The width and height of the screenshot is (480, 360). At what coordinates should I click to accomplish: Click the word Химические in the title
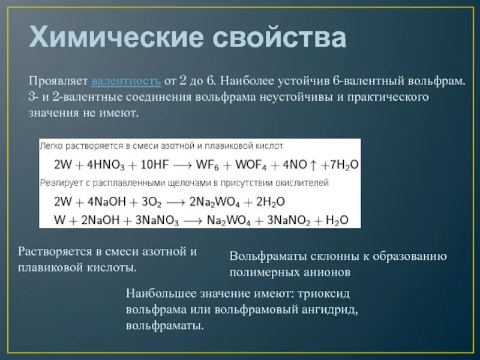point(114,38)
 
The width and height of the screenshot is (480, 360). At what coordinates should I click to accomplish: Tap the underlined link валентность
point(125,80)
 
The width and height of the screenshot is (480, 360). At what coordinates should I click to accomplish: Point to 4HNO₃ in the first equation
point(103,164)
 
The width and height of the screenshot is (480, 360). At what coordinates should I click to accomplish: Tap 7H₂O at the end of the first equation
point(346,164)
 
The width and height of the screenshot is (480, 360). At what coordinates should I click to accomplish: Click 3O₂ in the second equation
point(157,201)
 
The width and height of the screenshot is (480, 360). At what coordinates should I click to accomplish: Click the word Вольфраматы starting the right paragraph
point(268,257)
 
